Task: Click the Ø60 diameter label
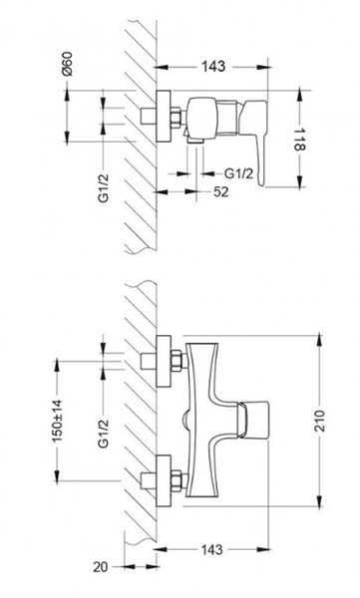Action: point(68,64)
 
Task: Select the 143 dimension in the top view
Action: point(213,67)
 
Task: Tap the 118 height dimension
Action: point(300,140)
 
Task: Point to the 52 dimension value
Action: point(221,191)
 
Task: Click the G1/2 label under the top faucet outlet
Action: point(238,173)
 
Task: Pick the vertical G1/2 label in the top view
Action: point(104,187)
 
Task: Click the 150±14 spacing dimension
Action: point(57,421)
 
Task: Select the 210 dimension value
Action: point(319,421)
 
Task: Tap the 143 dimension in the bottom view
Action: point(211,549)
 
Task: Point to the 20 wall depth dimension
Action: point(100,567)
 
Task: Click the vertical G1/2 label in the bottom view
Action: point(104,433)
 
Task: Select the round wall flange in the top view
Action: point(164,117)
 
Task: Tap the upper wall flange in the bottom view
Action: point(164,361)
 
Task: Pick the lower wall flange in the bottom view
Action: point(164,480)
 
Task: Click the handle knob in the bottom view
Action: point(253,421)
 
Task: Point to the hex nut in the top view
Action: point(176,117)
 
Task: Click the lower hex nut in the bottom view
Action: point(176,480)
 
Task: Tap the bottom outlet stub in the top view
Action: point(195,140)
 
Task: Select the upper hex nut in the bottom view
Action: point(176,361)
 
